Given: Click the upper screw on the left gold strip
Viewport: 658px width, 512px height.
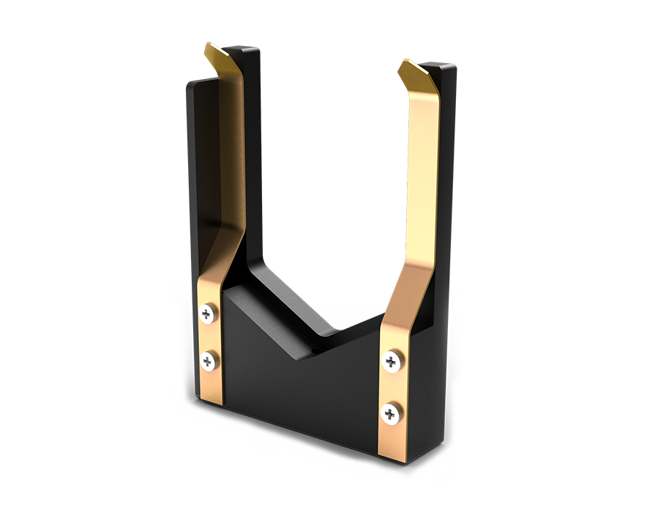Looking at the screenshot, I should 207,314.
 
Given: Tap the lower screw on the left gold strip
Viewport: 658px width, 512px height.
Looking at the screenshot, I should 209,360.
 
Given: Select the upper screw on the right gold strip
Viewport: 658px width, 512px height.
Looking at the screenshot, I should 392,360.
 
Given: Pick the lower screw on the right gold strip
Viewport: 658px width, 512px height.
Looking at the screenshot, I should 390,414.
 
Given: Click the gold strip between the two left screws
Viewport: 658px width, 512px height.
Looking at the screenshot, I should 208,337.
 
